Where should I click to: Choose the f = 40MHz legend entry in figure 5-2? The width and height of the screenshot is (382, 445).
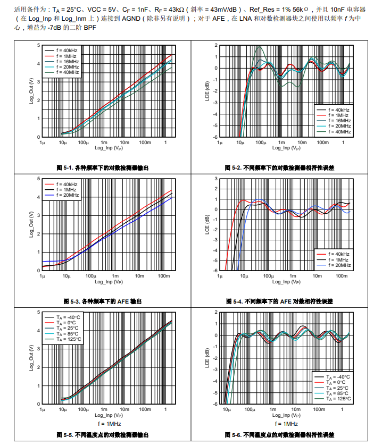click(x=338, y=131)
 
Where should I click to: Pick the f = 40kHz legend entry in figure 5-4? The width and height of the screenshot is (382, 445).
click(x=338, y=254)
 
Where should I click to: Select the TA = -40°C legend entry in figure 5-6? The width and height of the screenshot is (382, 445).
click(x=338, y=376)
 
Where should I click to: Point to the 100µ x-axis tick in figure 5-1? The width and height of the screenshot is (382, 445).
click(x=83, y=142)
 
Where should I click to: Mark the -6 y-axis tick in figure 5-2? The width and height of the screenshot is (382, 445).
click(x=216, y=138)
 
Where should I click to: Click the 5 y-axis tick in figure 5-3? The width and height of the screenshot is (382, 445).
click(x=38, y=179)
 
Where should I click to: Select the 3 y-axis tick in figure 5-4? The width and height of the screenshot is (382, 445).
click(x=216, y=179)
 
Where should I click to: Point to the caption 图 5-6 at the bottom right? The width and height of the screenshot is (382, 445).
click(x=280, y=434)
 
